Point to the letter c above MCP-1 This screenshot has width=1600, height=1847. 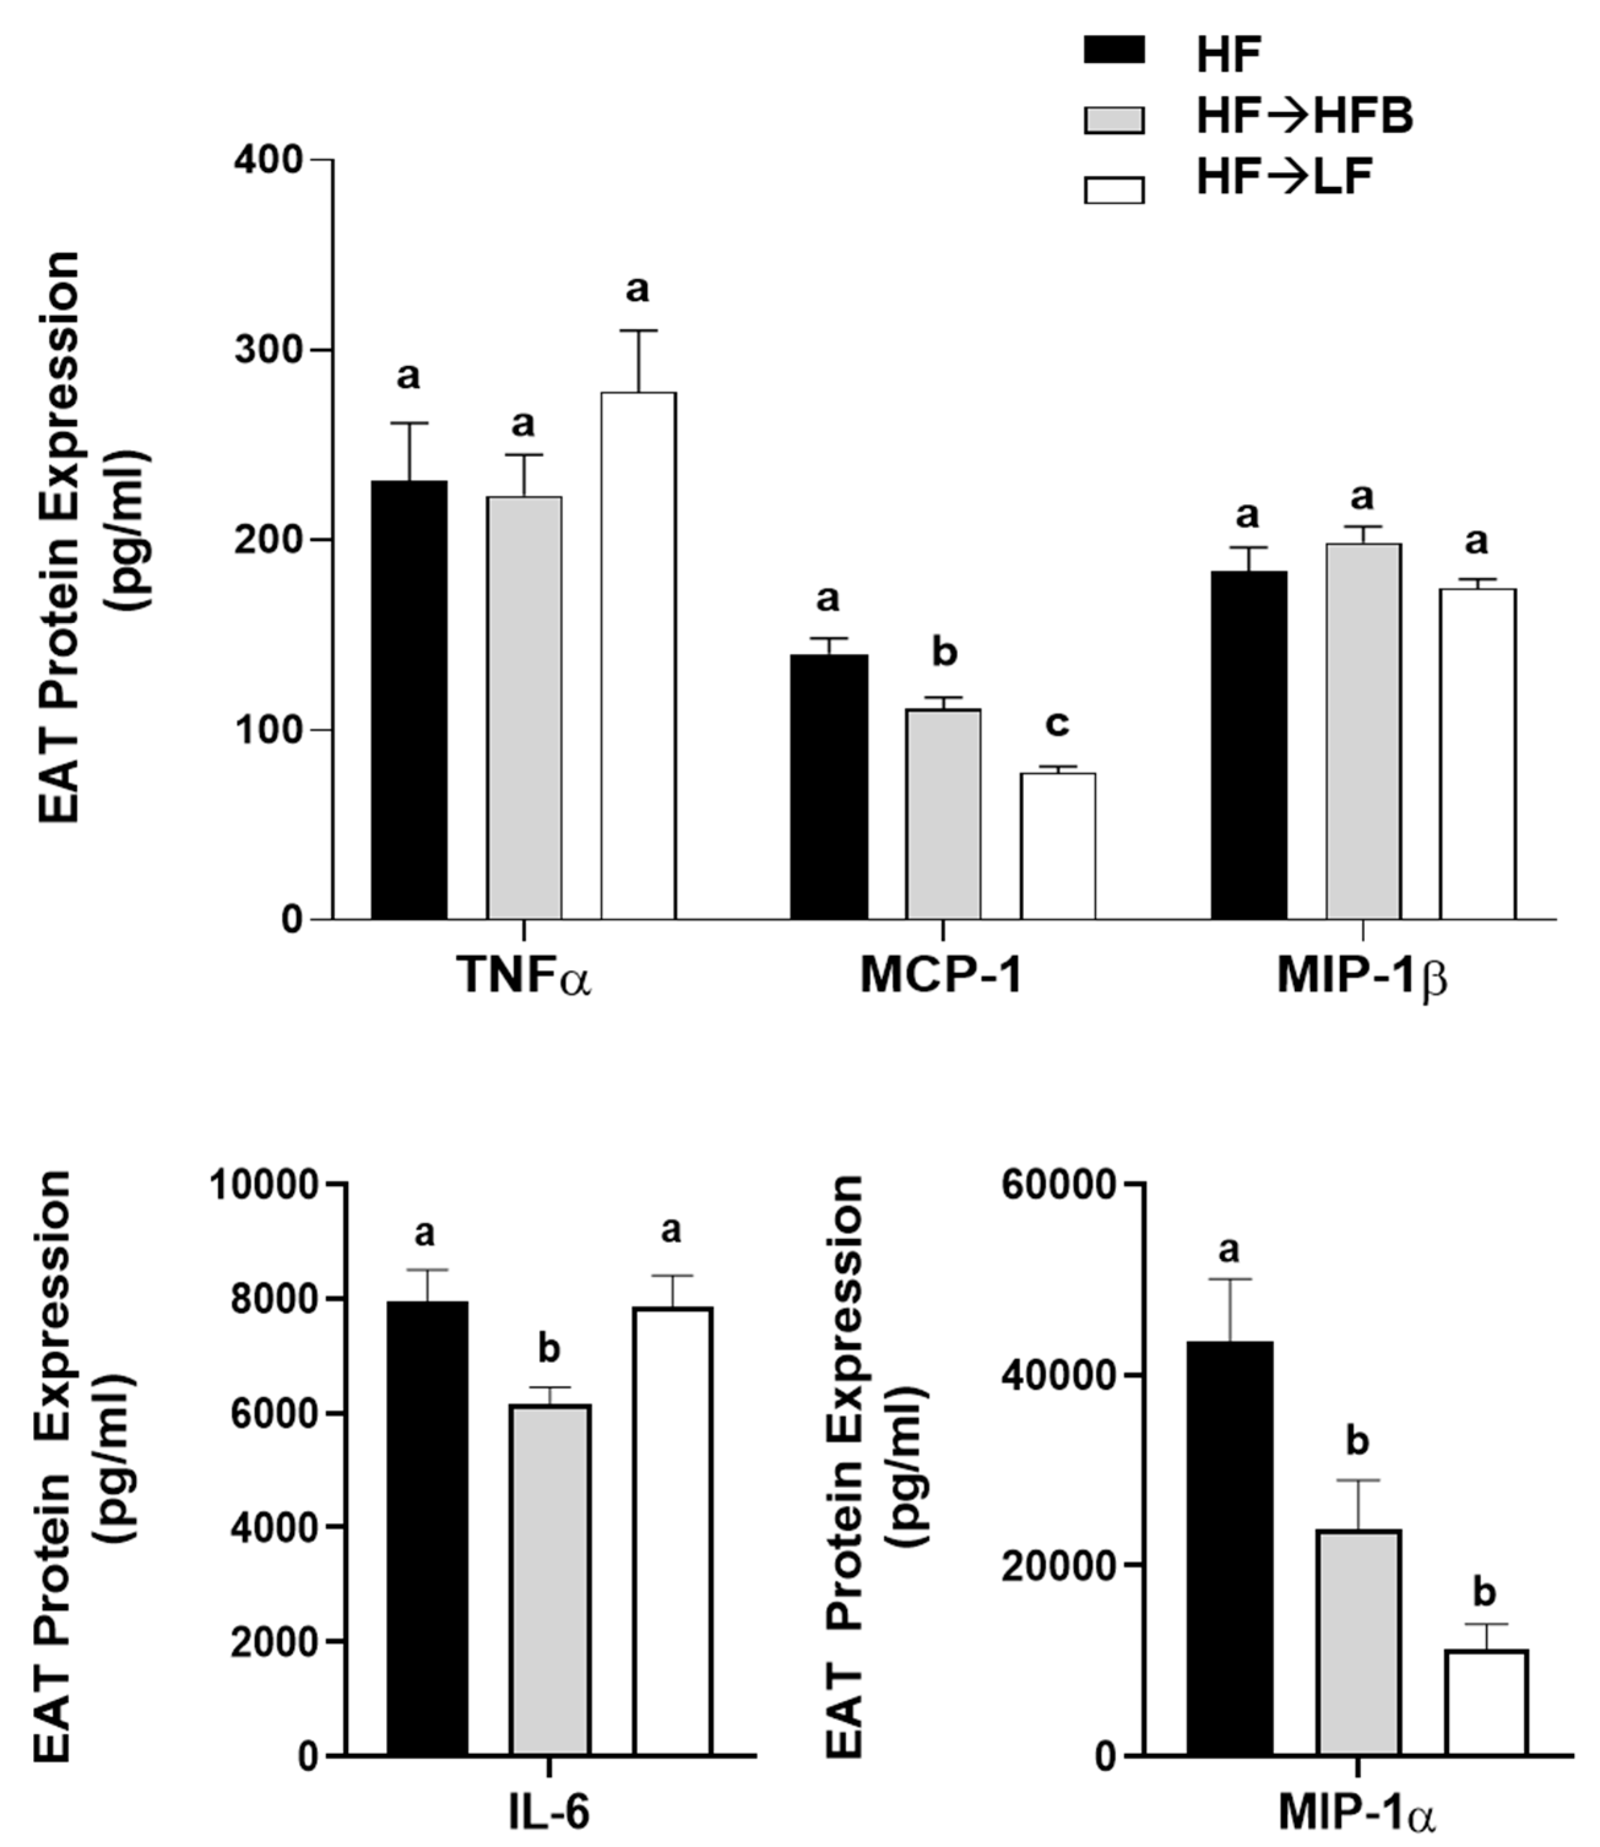1057,724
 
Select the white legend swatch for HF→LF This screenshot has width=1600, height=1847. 1113,190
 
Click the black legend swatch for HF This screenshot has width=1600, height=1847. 1113,50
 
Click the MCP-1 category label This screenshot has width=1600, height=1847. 942,976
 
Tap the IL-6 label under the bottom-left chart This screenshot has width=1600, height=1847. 549,1814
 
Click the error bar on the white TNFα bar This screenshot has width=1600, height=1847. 637,361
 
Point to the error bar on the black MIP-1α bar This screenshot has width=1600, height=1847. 1229,1310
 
